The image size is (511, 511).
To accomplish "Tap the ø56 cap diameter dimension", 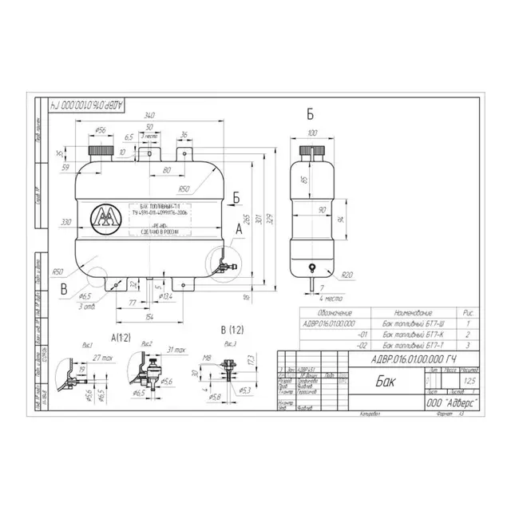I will (101, 129).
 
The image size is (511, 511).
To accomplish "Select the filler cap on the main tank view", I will (102, 151).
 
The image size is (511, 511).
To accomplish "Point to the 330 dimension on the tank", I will (67, 221).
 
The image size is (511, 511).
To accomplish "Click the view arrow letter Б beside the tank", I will (237, 195).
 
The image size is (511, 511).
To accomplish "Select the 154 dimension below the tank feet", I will (150, 317).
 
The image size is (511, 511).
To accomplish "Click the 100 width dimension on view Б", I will (311, 133).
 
